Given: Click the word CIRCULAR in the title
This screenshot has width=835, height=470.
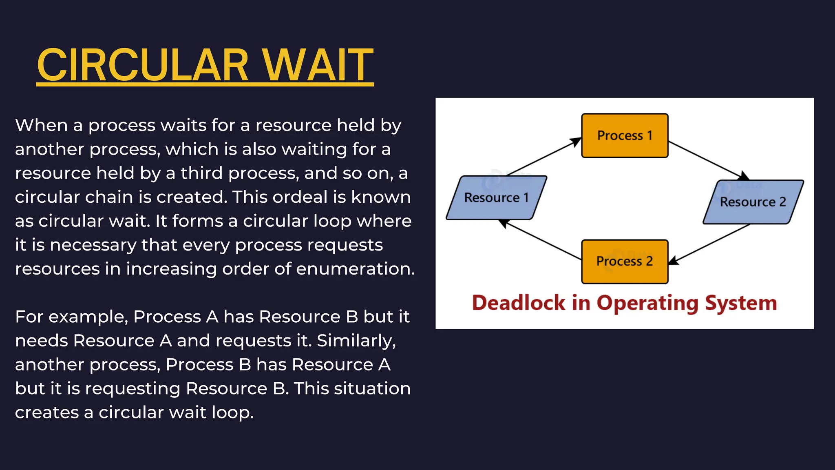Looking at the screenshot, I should (x=143, y=65).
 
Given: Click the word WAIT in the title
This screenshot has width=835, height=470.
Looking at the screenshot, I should (x=318, y=65).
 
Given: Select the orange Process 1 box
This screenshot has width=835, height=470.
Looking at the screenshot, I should (x=625, y=135).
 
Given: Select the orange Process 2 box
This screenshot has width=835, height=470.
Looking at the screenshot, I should (x=625, y=262).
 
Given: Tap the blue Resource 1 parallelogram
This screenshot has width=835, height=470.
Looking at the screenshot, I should (x=496, y=198).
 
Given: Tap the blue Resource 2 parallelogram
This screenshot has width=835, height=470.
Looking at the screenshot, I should (x=753, y=202).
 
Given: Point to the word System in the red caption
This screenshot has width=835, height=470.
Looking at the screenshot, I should (x=741, y=303).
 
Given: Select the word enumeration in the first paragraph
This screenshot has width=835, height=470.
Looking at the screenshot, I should (x=355, y=269).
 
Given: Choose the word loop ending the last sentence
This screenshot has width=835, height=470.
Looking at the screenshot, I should (x=232, y=412).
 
